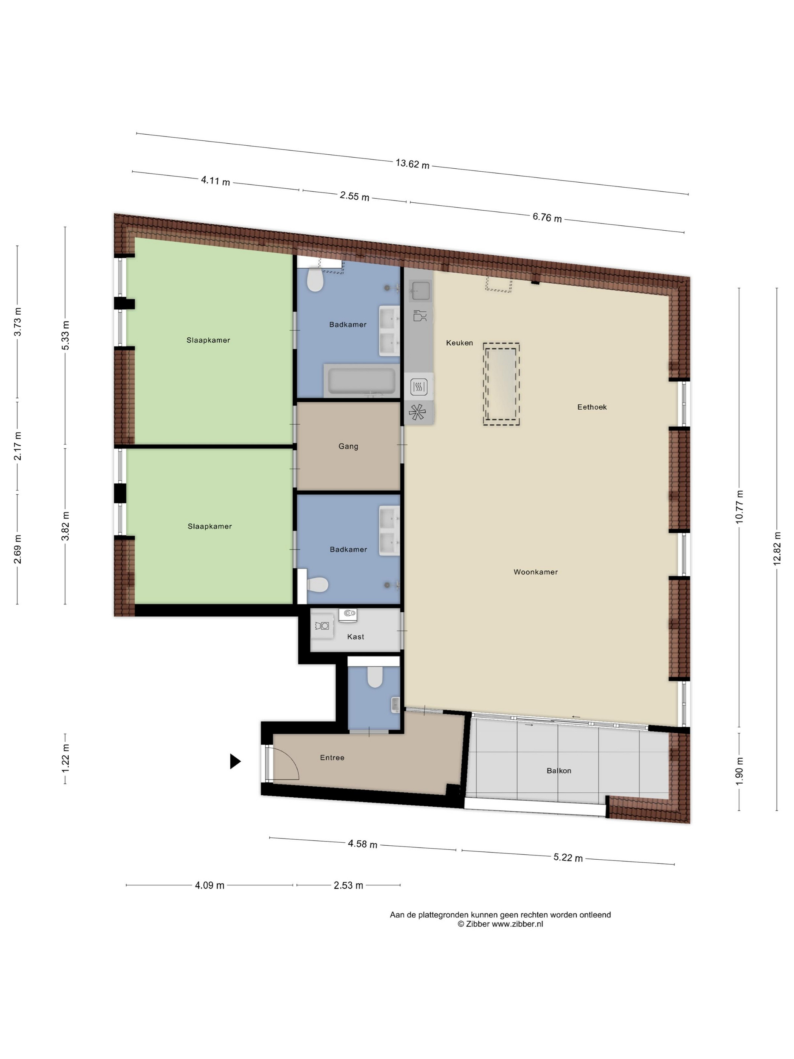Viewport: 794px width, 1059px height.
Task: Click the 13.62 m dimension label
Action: pos(412,164)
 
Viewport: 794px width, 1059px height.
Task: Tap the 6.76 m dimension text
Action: pos(547,217)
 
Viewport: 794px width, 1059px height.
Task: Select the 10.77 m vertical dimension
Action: pos(740,507)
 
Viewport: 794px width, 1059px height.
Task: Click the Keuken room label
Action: pos(459,343)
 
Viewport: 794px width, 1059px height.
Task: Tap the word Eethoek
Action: pos(592,407)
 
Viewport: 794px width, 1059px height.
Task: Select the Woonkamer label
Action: pos(535,571)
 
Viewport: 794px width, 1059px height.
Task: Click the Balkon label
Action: pos(559,770)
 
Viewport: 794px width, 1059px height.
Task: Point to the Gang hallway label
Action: pos(349,446)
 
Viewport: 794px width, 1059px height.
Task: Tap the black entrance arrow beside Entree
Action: pos(235,761)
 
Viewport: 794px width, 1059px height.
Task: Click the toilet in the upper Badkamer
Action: pos(315,280)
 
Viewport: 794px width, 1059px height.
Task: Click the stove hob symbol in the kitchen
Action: pos(419,387)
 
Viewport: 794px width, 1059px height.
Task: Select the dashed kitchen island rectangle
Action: pos(501,384)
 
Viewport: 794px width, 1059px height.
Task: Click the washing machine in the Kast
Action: pos(323,626)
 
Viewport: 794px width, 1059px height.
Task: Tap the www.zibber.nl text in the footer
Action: pos(517,924)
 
